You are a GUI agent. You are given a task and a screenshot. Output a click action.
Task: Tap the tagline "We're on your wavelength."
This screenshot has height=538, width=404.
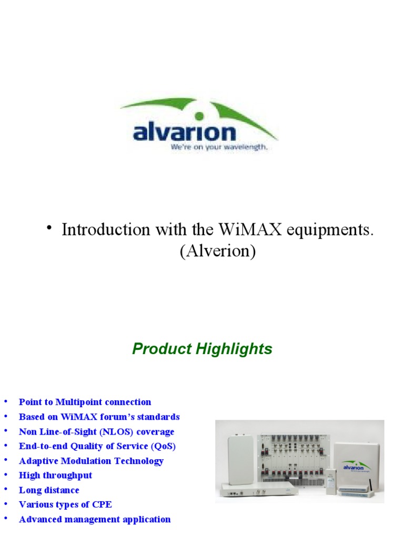click(x=219, y=148)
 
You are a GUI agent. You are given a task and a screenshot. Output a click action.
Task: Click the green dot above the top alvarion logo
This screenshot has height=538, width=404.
click(x=199, y=115)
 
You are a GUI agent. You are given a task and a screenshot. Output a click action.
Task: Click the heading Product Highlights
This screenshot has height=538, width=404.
click(x=202, y=349)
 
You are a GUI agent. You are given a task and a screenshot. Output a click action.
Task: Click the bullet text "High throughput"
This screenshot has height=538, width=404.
click(x=55, y=475)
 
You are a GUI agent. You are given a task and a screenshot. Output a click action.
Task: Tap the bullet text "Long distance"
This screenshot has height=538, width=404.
click(x=49, y=490)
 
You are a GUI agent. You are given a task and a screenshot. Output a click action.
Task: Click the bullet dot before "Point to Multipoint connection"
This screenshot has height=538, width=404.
click(x=6, y=402)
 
